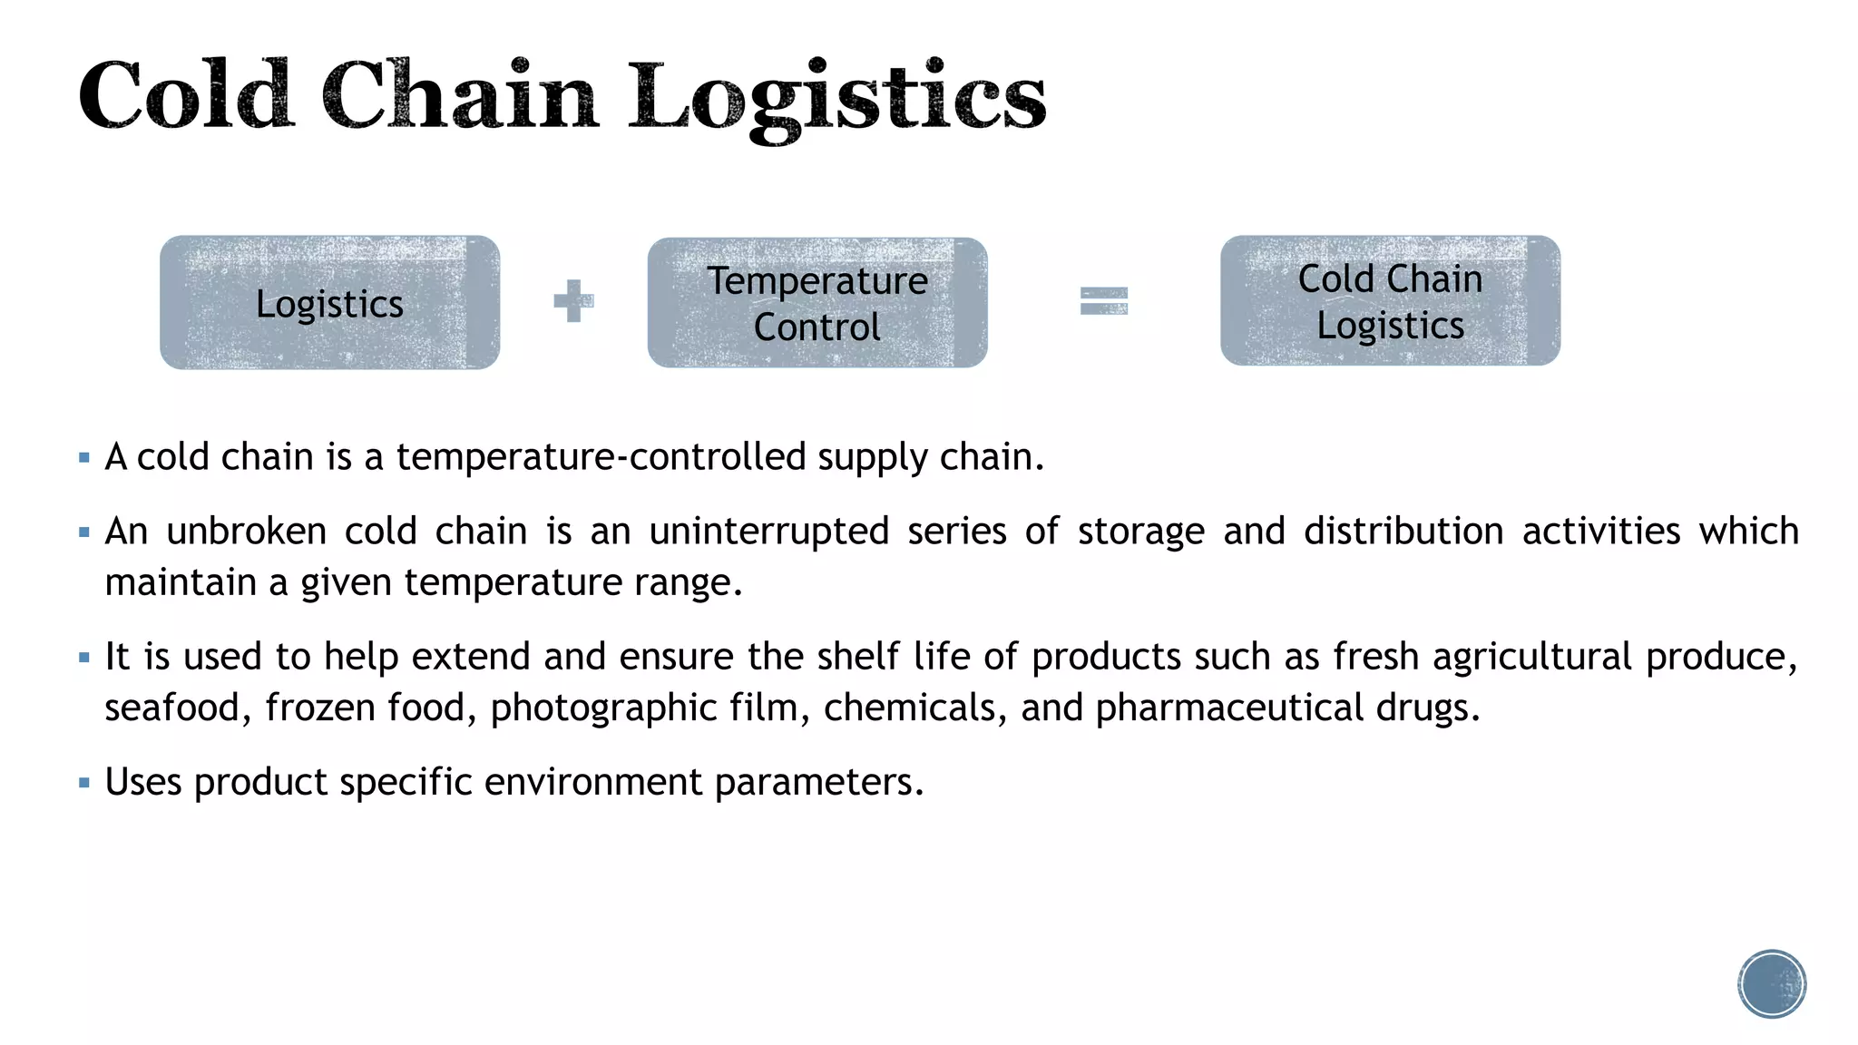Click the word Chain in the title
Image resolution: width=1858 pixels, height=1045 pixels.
tap(459, 96)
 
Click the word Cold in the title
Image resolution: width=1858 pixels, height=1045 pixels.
tap(185, 96)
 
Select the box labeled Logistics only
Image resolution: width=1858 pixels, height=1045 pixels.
tap(329, 303)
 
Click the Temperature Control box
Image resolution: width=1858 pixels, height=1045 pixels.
tap(817, 303)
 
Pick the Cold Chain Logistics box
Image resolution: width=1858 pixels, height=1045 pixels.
tap(1390, 301)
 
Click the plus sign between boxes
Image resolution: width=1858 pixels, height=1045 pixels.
tap(573, 300)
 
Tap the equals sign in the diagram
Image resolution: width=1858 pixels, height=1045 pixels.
tap(1103, 300)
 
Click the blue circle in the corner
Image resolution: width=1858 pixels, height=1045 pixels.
tap(1772, 984)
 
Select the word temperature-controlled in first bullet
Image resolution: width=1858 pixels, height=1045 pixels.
tap(601, 456)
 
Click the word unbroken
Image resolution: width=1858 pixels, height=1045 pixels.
tap(246, 531)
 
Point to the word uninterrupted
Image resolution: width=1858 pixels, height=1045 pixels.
tap(768, 531)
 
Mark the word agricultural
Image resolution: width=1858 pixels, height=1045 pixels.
tap(1532, 657)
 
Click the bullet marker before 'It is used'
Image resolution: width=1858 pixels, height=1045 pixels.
tap(84, 658)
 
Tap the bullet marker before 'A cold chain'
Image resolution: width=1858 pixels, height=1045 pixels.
tap(84, 458)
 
